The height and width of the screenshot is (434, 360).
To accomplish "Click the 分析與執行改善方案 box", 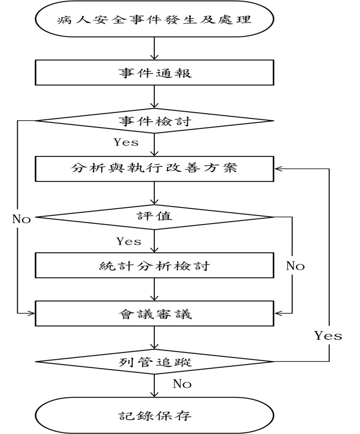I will click(x=154, y=169).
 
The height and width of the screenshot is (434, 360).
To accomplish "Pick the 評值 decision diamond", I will click(x=154, y=217).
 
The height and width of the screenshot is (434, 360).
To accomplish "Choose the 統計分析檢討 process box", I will click(x=154, y=265).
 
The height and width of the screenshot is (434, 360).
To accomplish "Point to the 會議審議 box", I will click(x=154, y=313).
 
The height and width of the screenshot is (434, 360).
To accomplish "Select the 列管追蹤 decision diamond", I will click(x=154, y=361).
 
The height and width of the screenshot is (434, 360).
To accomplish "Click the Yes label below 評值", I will click(x=129, y=241).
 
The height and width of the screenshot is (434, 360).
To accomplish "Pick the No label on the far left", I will click(x=21, y=220).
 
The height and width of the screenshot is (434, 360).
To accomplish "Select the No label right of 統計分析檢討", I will click(x=295, y=266).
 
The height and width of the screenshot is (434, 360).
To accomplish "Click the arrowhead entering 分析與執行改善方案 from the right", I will click(x=278, y=169).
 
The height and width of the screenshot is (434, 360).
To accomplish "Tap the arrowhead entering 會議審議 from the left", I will click(x=32, y=313).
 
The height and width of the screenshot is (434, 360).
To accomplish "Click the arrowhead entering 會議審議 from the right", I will click(x=277, y=313).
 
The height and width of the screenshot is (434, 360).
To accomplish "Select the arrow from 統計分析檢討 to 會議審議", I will click(x=154, y=289).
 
